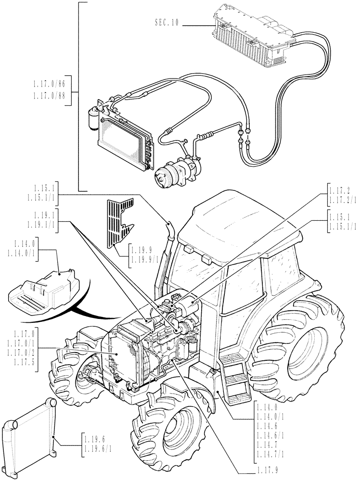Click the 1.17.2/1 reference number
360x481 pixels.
342,200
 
